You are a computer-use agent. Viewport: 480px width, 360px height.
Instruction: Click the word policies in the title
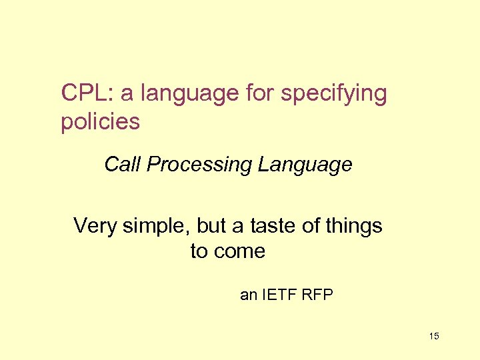tap(100, 122)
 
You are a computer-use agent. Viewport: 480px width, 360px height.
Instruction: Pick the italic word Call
tap(123, 164)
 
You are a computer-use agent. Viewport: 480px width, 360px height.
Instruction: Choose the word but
tap(211, 226)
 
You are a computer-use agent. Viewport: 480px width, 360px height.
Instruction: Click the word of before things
tap(311, 226)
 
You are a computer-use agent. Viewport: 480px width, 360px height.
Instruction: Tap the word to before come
tap(199, 251)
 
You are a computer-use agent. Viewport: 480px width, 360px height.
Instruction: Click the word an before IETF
tap(249, 294)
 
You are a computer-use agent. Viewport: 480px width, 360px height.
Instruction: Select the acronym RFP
tap(317, 294)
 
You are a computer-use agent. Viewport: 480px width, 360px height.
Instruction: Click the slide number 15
tap(434, 336)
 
